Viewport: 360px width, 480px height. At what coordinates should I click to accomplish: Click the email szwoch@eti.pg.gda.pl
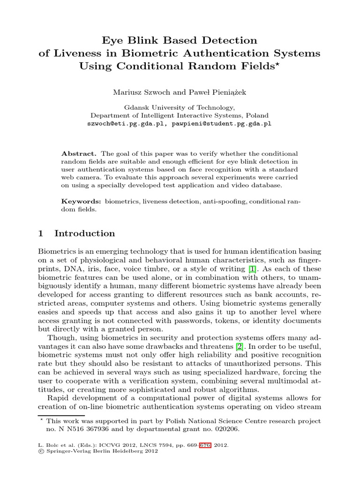point(124,124)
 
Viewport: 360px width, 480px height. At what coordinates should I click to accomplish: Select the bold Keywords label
point(81,201)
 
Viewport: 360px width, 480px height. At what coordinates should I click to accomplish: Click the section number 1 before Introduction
point(41,233)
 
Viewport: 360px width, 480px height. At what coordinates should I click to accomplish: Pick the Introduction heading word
point(84,233)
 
